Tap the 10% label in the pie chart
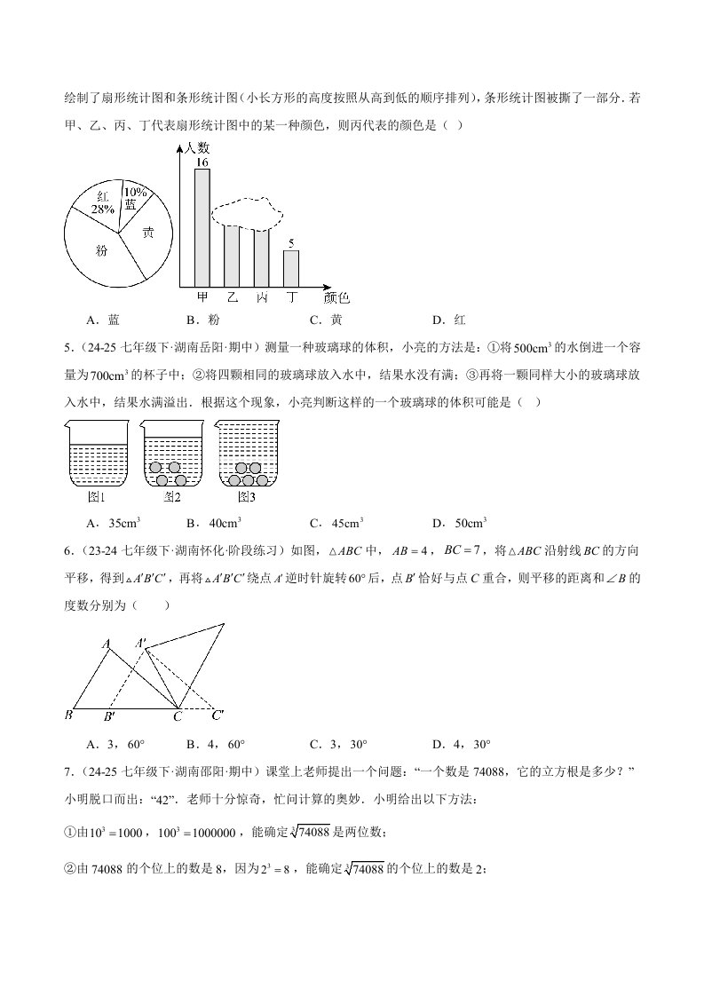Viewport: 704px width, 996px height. [135, 192]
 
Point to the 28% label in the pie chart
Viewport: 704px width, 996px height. [102, 209]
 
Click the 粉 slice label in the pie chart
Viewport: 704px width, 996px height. [102, 251]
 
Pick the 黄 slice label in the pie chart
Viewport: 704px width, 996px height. [148, 233]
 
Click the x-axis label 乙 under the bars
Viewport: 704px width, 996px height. [233, 297]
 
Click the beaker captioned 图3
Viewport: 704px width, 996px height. [247, 455]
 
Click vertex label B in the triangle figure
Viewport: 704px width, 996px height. [68, 715]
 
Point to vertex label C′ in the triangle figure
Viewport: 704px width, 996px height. [218, 714]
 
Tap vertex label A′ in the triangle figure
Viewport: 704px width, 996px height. [142, 642]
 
